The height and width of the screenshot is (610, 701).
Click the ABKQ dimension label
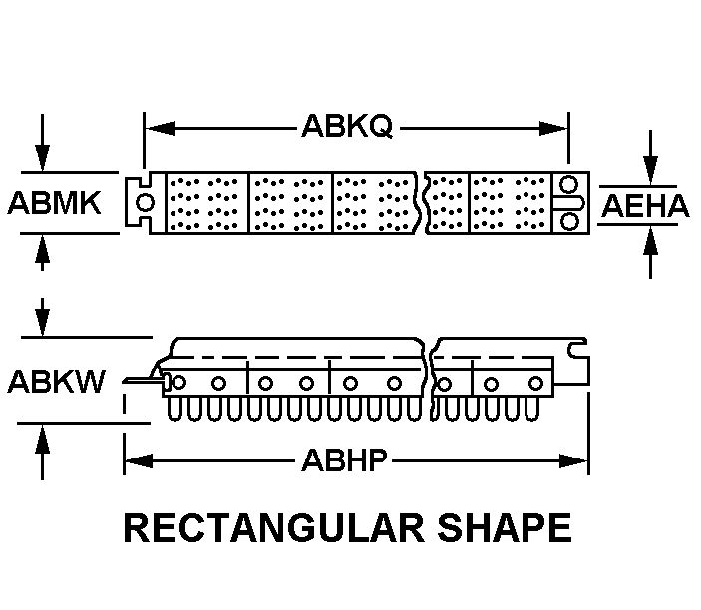pos(347,126)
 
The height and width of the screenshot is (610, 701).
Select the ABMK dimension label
pos(54,203)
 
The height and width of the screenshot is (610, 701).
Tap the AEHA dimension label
pos(645,206)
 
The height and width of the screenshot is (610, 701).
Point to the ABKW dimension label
pos(56,381)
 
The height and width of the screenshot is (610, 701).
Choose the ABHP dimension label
pos(344,460)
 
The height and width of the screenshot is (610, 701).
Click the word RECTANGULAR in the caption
pos(273,528)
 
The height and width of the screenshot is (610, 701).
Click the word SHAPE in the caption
pos(505,528)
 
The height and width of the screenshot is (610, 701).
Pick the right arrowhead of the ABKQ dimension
pos(553,129)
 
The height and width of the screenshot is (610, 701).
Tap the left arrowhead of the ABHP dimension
pos(139,460)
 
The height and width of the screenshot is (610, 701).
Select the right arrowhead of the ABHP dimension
pos(574,460)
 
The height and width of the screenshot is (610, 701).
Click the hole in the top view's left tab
pos(145,202)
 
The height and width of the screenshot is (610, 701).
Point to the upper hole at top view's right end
pos(568,184)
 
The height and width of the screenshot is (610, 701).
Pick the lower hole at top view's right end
pos(569,221)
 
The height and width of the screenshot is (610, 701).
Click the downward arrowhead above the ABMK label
pos(43,157)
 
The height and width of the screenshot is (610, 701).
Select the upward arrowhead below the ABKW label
pos(43,439)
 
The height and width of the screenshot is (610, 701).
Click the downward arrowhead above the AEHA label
pos(650,169)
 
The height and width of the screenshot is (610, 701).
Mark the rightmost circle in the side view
pos(535,384)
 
